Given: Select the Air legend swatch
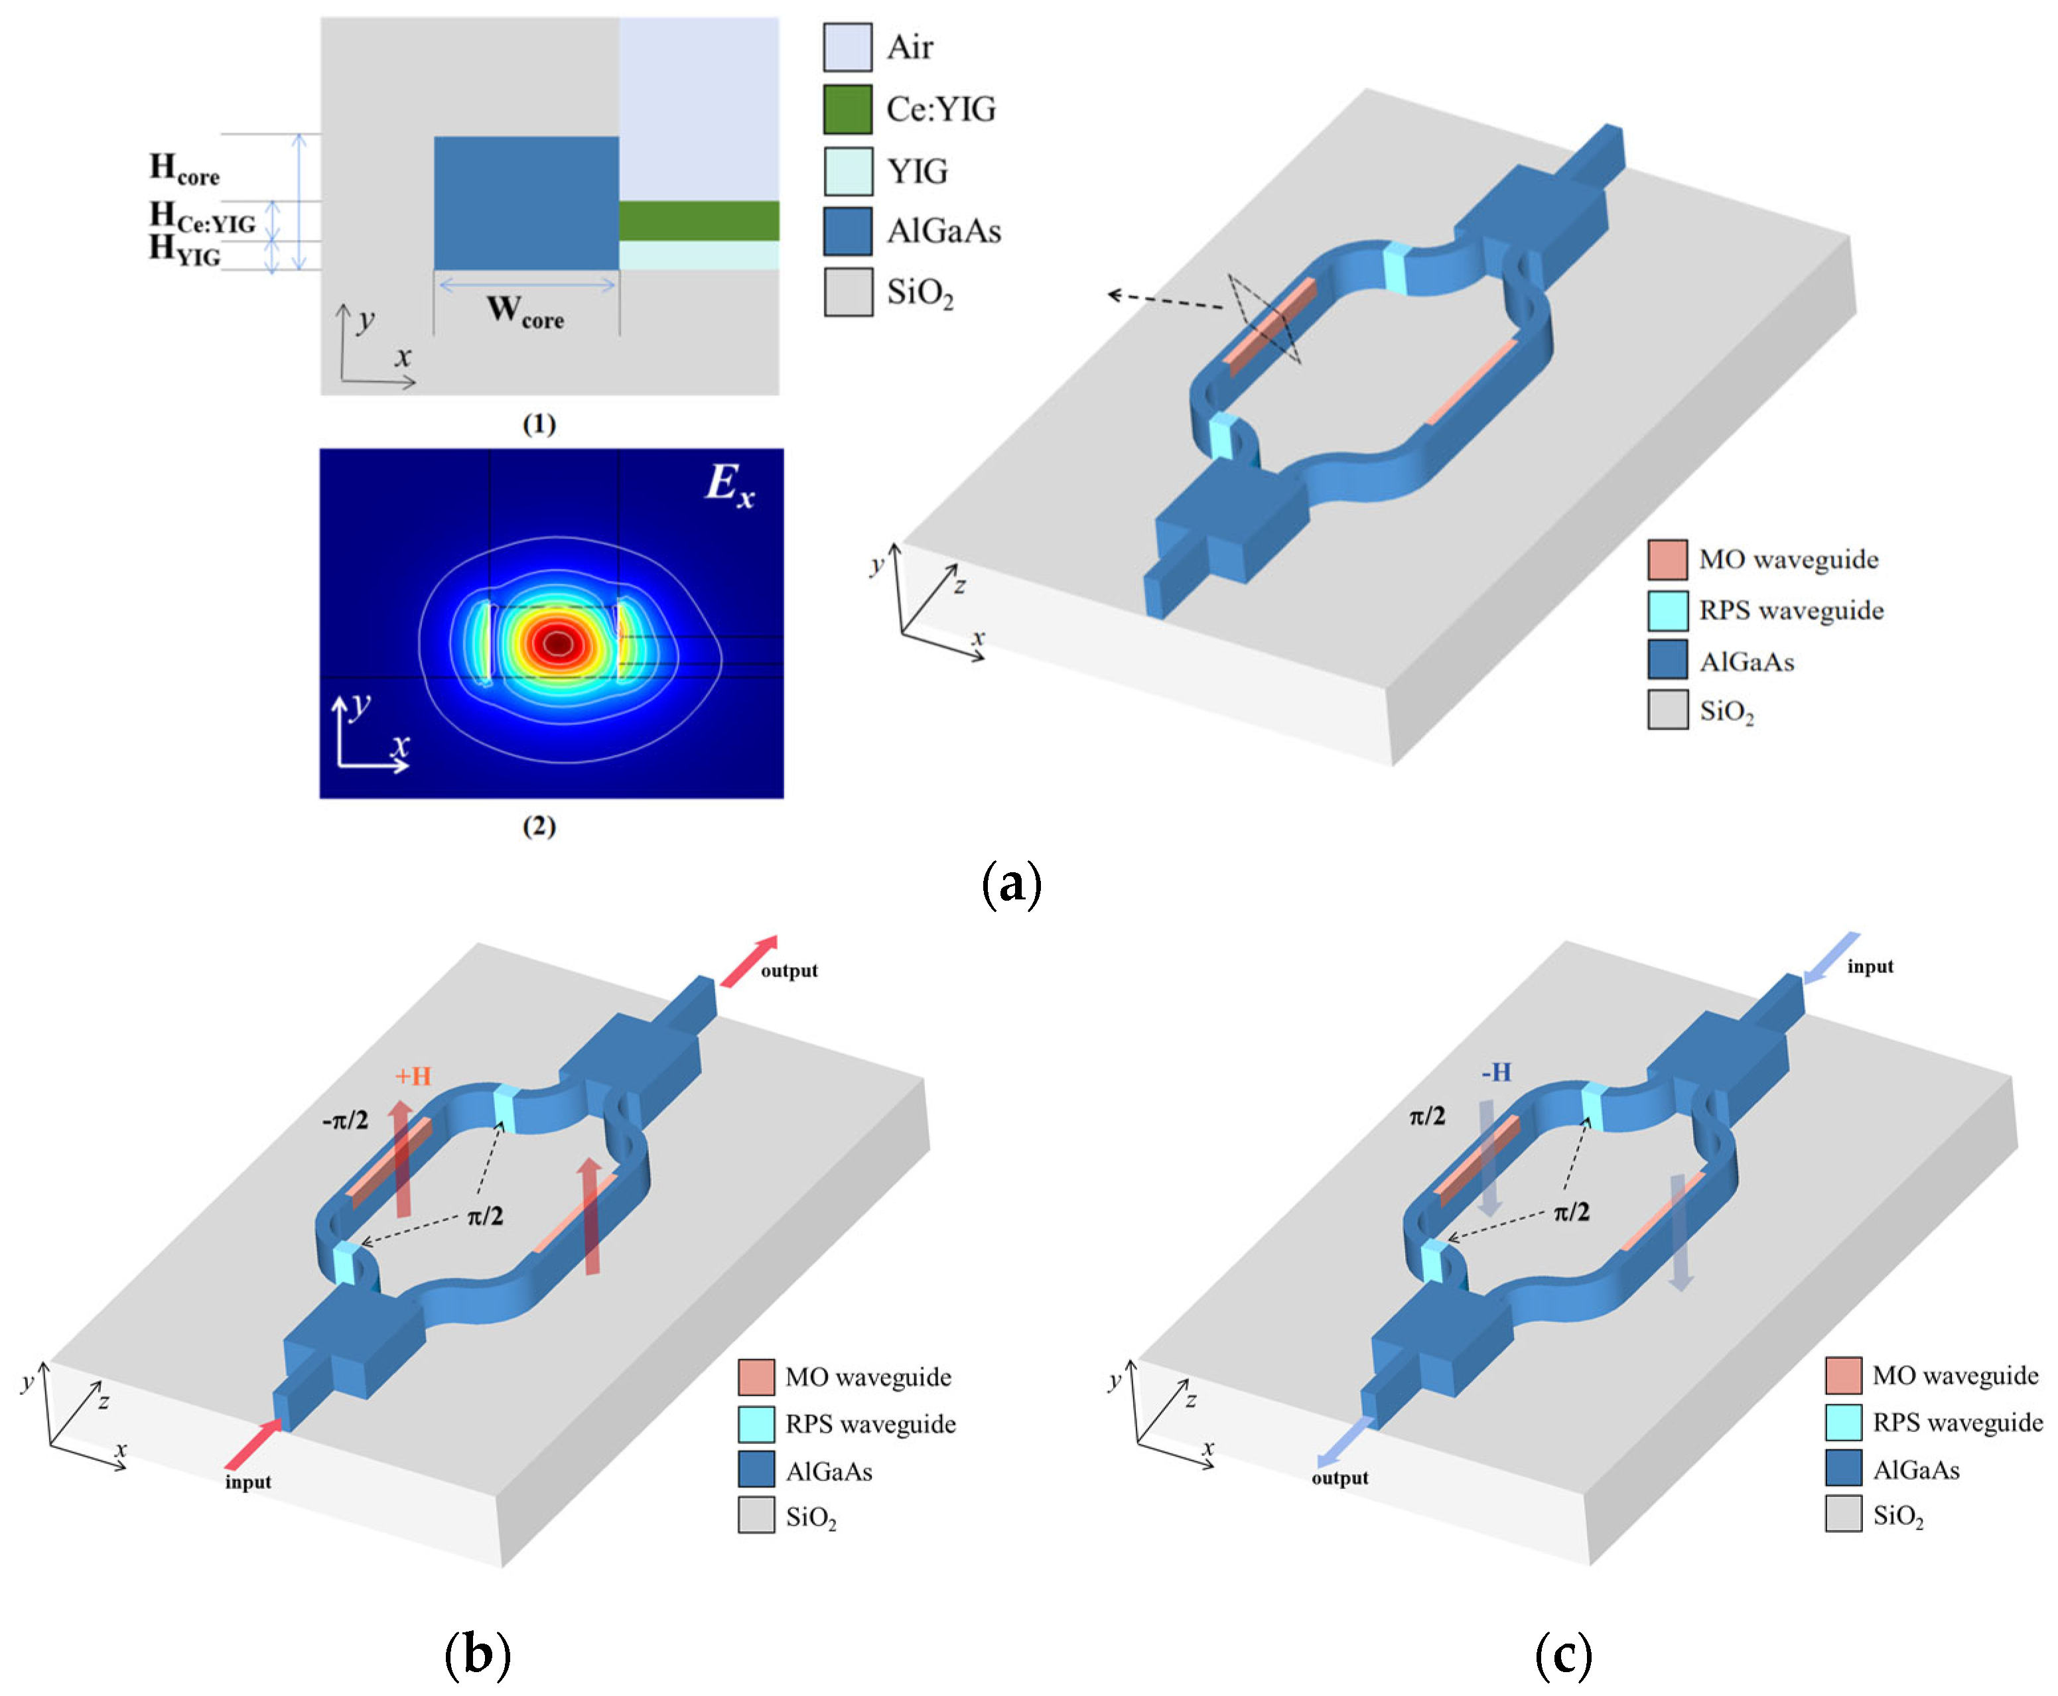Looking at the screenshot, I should (x=847, y=47).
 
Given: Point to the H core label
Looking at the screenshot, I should (x=184, y=169).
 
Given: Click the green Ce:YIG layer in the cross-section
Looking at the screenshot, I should (x=699, y=221).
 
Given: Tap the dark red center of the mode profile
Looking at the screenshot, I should (x=558, y=643).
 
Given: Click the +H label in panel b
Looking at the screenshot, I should (x=413, y=1076).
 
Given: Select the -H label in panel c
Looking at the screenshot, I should (x=1496, y=1073).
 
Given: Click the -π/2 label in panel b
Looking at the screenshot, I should (x=345, y=1120).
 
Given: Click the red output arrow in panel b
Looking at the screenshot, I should (x=750, y=960).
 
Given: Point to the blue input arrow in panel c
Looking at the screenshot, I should (x=1830, y=957).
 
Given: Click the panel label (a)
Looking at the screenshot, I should (x=1011, y=883).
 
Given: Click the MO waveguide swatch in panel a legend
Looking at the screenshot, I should (x=1667, y=560).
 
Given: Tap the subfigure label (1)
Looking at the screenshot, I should (x=539, y=424).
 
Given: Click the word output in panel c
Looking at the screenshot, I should (x=1339, y=1478).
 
